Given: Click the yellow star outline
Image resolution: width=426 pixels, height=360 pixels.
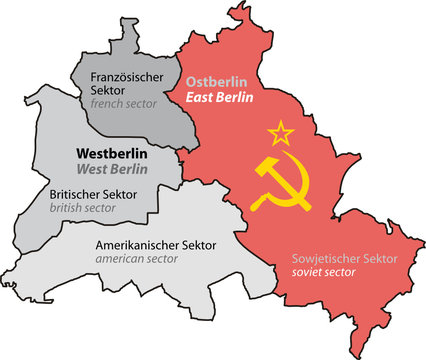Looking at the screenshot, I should click(279, 131).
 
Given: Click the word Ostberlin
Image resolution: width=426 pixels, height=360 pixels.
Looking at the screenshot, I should click(219, 79).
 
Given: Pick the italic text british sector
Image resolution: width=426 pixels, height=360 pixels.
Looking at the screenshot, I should click(84, 209).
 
